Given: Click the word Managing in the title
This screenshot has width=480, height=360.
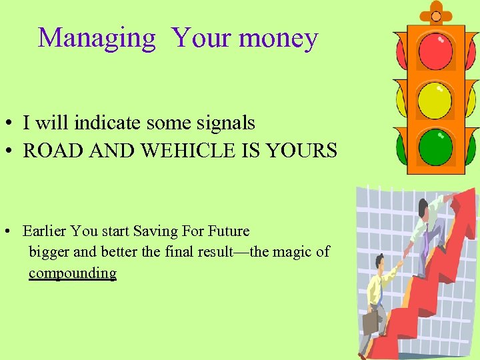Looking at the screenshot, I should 97,38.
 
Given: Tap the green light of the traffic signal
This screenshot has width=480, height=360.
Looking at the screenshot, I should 435,146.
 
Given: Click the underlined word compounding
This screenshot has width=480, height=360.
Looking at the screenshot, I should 72,273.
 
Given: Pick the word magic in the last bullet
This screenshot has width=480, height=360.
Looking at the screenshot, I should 293,252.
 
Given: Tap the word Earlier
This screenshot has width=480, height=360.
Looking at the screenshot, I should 45,231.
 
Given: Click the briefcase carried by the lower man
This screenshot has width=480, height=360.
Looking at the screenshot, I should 371,323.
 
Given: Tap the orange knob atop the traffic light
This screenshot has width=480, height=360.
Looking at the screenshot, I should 436,15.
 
